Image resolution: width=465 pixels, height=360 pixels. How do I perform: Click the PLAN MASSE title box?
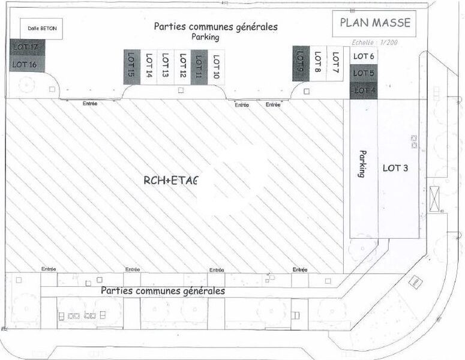click(375, 23)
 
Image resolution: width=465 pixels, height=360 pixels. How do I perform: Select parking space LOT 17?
click(25, 47)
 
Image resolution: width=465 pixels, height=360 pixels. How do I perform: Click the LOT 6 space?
click(364, 56)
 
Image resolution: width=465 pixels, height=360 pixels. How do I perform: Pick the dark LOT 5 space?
click(364, 73)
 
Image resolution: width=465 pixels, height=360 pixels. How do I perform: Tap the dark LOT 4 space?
click(364, 91)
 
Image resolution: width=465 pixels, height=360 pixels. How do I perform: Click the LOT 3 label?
click(395, 168)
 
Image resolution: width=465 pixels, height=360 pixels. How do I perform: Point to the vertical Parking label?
click(362, 163)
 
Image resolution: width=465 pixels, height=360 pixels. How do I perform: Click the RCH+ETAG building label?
click(170, 179)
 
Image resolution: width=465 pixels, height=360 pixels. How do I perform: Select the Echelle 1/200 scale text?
click(374, 43)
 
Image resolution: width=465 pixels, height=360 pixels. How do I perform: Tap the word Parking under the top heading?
click(206, 37)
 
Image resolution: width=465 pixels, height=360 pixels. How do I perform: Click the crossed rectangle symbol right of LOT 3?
click(434, 198)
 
